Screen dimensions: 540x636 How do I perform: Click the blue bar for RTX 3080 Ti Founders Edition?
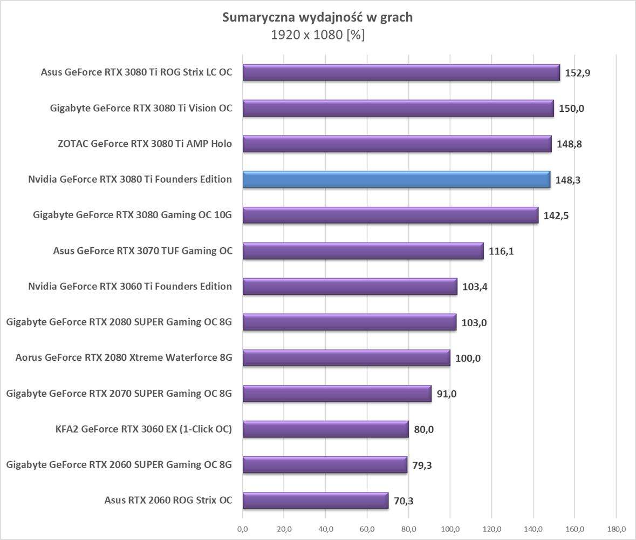click(x=396, y=179)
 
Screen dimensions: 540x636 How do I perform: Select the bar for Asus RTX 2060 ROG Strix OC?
click(x=315, y=501)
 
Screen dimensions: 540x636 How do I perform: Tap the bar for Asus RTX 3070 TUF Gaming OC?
click(x=363, y=251)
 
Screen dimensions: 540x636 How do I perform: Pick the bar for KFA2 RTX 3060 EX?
click(x=325, y=429)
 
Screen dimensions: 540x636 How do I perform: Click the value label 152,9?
click(x=577, y=73)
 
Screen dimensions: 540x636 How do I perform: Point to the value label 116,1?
click(x=501, y=251)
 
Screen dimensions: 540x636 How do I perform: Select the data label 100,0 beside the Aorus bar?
click(x=468, y=358)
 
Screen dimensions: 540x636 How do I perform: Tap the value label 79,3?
click(x=424, y=465)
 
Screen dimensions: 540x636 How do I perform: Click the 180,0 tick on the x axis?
click(x=616, y=528)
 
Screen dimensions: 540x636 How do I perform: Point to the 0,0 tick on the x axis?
click(x=243, y=528)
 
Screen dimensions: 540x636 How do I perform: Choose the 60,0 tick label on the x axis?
click(x=367, y=528)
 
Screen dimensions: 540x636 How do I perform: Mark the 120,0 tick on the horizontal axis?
click(x=492, y=528)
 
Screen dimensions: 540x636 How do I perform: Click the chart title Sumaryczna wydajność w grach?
click(x=318, y=18)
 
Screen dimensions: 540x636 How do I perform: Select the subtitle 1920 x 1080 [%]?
click(x=318, y=35)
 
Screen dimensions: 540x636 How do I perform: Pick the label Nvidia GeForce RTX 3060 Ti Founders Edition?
click(x=130, y=286)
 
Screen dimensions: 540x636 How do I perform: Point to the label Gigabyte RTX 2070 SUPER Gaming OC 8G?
click(x=119, y=394)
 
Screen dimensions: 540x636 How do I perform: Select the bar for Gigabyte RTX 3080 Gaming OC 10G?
click(x=390, y=215)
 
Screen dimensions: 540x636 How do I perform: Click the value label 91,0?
click(x=447, y=394)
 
